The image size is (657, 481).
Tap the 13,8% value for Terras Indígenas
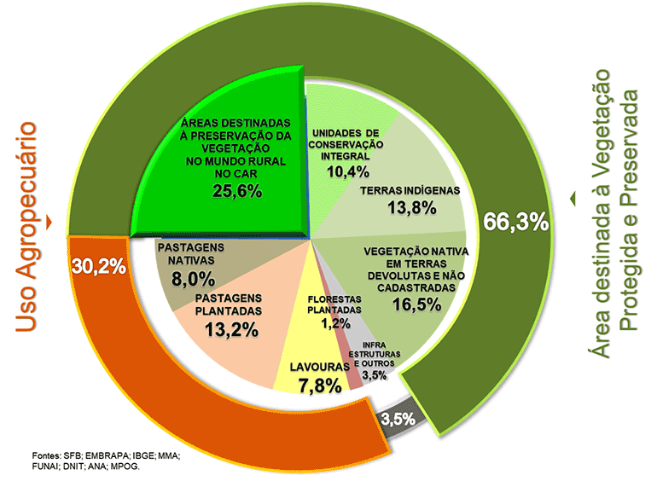[410, 208]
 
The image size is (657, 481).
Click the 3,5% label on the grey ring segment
[397, 419]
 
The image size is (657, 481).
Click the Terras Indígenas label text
[410, 190]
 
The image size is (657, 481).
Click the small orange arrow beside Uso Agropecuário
[51, 223]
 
